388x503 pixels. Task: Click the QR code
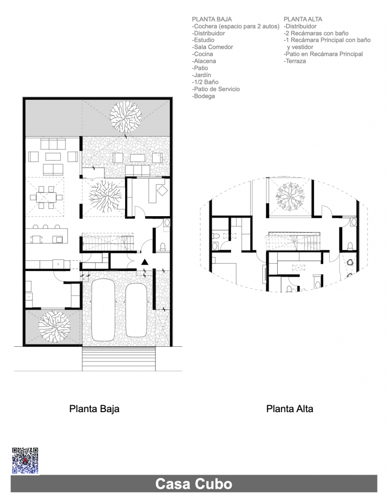coord(25,461)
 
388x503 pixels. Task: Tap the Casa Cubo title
coord(194,484)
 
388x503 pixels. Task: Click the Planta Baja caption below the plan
coord(94,409)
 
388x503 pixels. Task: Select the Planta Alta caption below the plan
coord(289,409)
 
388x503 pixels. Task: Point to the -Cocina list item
coord(203,54)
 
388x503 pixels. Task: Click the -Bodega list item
coord(204,96)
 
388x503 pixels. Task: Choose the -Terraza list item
coord(295,61)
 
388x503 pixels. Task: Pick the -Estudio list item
coord(203,40)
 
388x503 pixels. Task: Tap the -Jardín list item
coord(202,75)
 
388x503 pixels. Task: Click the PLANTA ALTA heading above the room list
coord(303,19)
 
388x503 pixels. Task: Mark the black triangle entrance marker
coord(145,262)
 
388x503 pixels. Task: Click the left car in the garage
coord(103,310)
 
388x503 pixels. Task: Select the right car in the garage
coord(136,310)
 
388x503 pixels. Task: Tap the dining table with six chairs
coord(46,197)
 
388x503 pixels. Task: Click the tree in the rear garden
coord(126,117)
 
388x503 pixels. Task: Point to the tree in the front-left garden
coord(54,326)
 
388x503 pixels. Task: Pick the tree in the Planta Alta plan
coord(290,196)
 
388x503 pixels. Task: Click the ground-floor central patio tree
coord(105,196)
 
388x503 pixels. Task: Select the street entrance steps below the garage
coord(119,359)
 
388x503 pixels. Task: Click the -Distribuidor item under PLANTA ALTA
coord(300,27)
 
